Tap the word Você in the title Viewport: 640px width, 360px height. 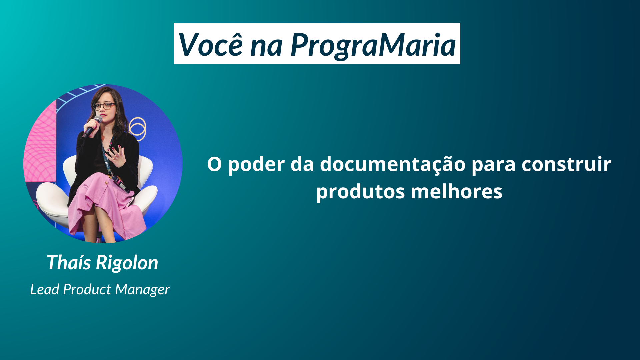211,44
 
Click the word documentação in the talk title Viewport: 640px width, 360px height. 393,164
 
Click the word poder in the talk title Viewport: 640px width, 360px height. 256,164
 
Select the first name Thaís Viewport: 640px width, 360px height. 69,262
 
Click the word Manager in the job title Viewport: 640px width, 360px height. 143,290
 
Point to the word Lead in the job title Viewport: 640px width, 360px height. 45,289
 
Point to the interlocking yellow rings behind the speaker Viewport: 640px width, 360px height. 137,129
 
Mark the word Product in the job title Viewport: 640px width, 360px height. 87,289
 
